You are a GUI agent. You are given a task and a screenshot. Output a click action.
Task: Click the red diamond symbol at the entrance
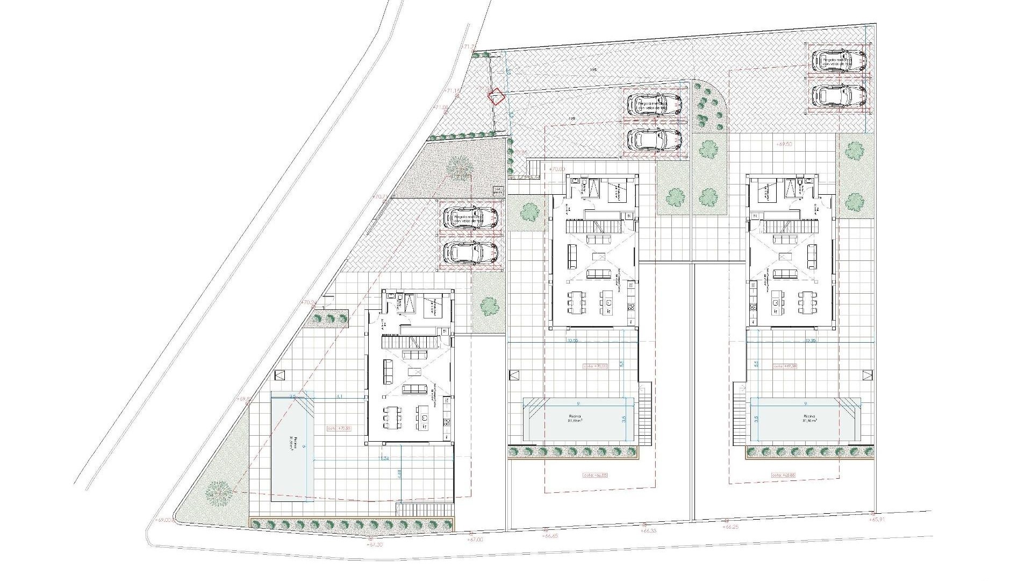496,96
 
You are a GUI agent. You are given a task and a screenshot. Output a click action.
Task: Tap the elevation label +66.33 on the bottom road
649,530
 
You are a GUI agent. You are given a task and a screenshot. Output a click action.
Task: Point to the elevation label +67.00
475,539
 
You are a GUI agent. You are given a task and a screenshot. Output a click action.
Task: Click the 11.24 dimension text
384,458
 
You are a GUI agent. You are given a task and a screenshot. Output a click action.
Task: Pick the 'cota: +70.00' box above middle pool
595,366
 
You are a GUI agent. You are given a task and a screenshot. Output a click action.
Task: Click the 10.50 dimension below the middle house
572,341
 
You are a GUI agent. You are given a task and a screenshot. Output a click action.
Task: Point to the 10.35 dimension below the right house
811,341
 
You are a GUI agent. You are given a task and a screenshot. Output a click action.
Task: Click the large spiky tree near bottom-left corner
218,492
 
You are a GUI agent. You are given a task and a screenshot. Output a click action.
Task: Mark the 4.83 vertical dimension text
399,474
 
